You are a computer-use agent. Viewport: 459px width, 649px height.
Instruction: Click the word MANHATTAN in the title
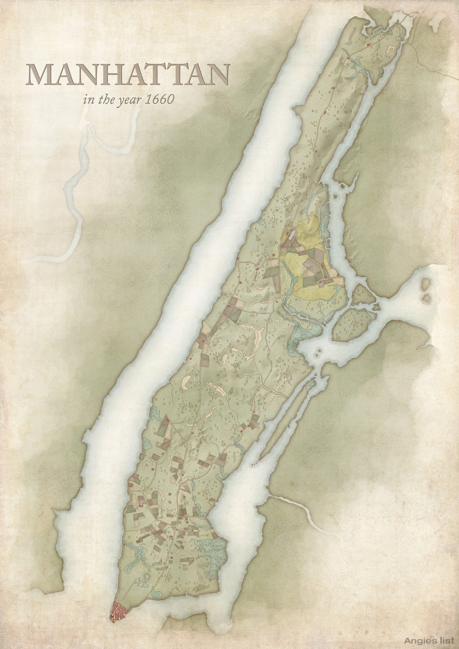(128, 75)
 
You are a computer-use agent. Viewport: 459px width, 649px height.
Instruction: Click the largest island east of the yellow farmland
(352, 324)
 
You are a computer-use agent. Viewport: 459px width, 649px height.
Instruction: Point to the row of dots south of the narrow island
(255, 463)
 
